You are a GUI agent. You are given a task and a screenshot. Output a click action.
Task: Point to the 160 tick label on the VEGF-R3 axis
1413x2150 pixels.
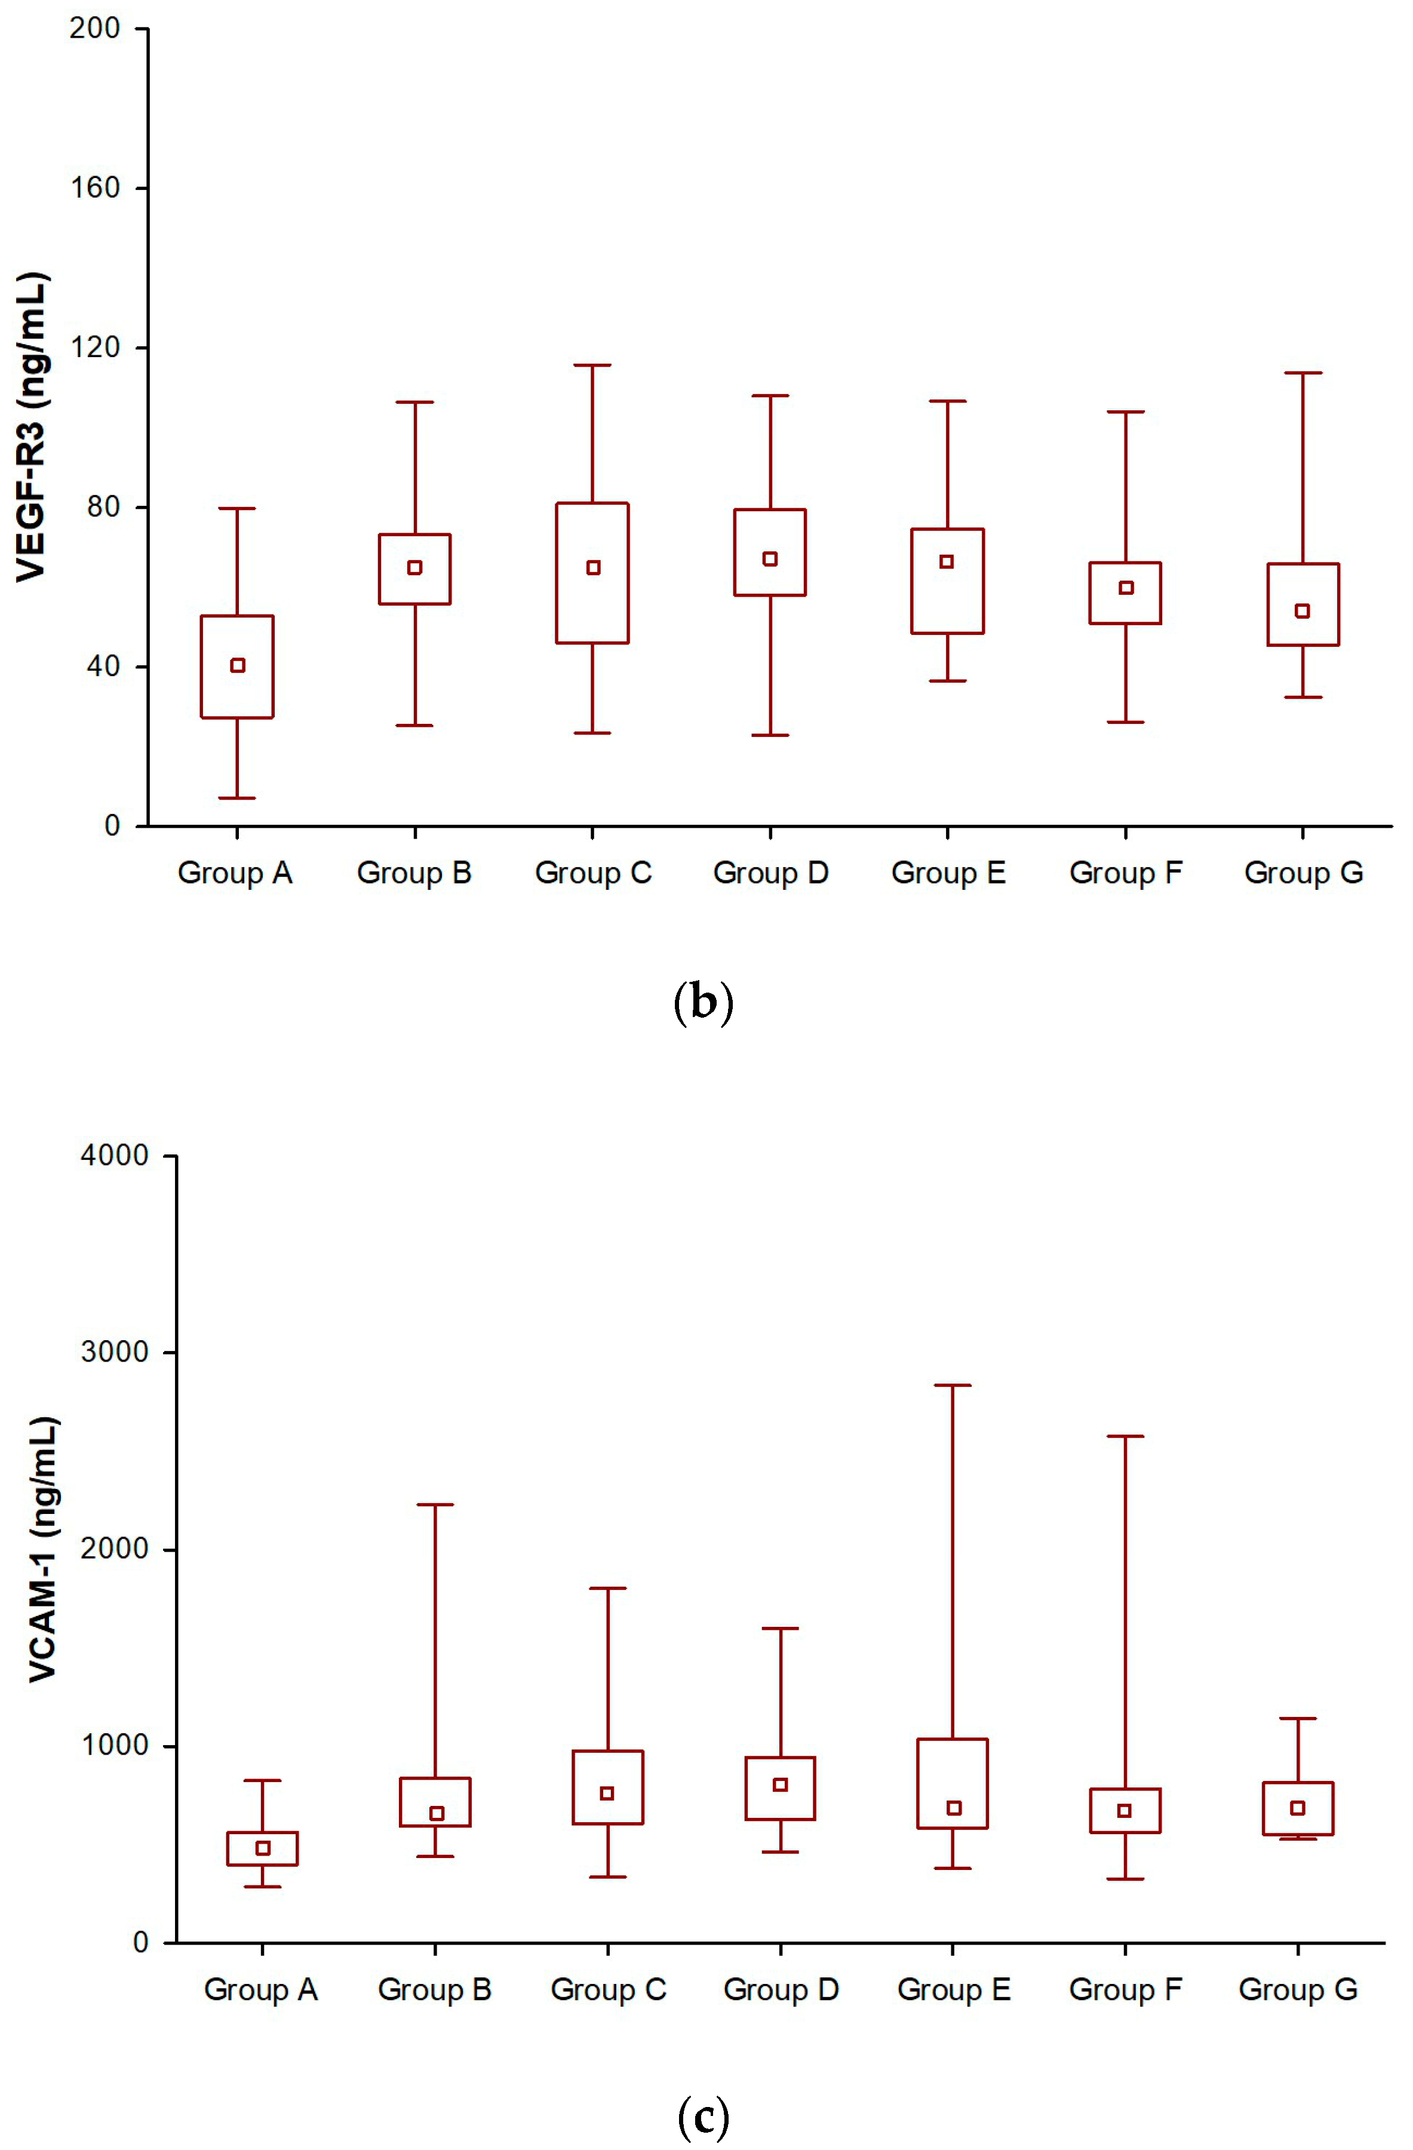tap(96, 188)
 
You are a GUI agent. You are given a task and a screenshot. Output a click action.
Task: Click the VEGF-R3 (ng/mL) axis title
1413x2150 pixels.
tap(32, 426)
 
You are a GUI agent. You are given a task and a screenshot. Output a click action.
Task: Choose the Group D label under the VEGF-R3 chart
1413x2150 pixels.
tap(770, 873)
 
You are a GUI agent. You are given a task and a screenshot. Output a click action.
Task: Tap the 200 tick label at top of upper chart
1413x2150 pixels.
tap(96, 28)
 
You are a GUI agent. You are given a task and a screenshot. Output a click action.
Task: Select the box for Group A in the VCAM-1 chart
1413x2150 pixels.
tap(263, 1859)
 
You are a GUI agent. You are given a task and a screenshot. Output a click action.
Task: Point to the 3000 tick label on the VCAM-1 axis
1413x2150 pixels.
tap(115, 1352)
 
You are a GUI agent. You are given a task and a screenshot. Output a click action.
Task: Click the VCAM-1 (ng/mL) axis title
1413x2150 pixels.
tap(44, 1549)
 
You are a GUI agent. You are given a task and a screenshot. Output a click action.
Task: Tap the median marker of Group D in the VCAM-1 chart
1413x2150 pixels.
tap(781, 1785)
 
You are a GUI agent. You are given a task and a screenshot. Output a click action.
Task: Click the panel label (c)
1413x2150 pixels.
tap(704, 2116)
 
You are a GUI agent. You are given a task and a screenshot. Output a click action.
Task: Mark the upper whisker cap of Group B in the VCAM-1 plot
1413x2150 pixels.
tap(435, 1505)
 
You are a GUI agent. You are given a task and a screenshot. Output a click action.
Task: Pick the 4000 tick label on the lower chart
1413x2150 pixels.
tap(115, 1156)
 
